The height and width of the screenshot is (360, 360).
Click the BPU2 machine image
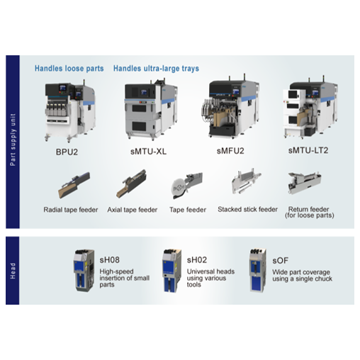70,111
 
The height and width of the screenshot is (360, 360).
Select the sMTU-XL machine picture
151,109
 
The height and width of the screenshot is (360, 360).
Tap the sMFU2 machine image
230,107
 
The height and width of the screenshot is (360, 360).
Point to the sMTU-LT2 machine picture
310,108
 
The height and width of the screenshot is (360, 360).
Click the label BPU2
67,152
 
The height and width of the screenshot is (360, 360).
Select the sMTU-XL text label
148,151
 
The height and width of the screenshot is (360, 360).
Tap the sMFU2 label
230,150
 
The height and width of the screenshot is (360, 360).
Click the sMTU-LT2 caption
308,150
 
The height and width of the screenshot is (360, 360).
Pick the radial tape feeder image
74,185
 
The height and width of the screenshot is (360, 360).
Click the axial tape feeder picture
131,184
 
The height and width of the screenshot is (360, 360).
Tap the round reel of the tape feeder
179,188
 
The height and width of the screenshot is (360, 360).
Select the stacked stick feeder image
246,181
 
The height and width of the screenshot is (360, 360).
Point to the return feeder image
305,183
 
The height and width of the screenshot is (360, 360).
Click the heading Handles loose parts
69,69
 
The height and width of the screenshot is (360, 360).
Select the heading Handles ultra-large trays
156,69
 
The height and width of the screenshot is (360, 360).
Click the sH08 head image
84,271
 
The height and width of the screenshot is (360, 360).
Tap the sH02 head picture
171,271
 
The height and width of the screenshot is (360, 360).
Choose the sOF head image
259,270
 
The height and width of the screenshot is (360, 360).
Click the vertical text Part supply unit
13,140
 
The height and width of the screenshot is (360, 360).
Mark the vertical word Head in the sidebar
13,271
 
